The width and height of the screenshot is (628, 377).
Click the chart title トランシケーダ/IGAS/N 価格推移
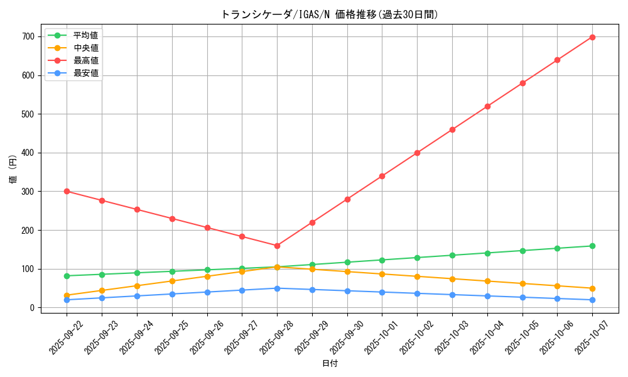click(329, 14)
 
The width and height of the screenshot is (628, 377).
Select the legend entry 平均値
click(85, 35)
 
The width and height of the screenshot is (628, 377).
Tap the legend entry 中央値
click(85, 48)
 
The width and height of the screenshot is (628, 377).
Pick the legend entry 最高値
click(85, 60)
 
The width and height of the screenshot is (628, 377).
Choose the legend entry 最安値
click(85, 73)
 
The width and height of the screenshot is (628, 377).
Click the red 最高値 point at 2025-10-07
click(592, 37)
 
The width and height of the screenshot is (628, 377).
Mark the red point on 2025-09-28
click(277, 246)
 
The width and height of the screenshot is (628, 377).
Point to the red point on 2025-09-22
click(67, 191)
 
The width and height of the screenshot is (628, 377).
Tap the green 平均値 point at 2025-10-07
click(592, 246)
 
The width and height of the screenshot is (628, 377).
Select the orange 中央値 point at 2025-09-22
click(67, 295)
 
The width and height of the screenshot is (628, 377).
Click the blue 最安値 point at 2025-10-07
click(592, 300)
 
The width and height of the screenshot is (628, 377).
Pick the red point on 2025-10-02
click(417, 153)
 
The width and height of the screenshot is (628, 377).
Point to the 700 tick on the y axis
click(28, 37)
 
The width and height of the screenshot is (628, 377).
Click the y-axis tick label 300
click(28, 192)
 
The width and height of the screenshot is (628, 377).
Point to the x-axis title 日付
click(329, 364)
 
